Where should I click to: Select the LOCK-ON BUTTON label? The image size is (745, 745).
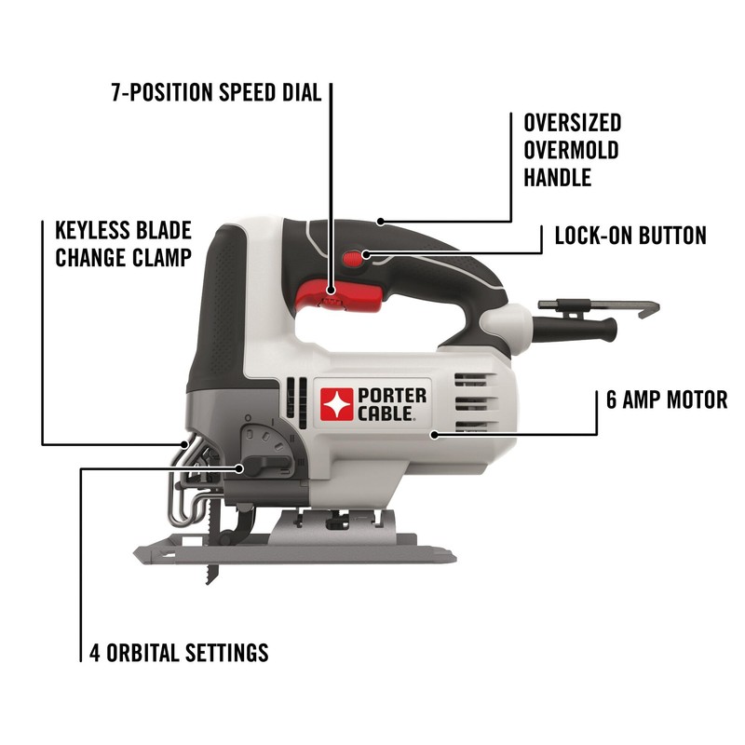630,235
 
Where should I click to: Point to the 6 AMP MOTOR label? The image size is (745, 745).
666,400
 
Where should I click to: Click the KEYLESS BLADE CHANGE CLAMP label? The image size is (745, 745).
123,244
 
